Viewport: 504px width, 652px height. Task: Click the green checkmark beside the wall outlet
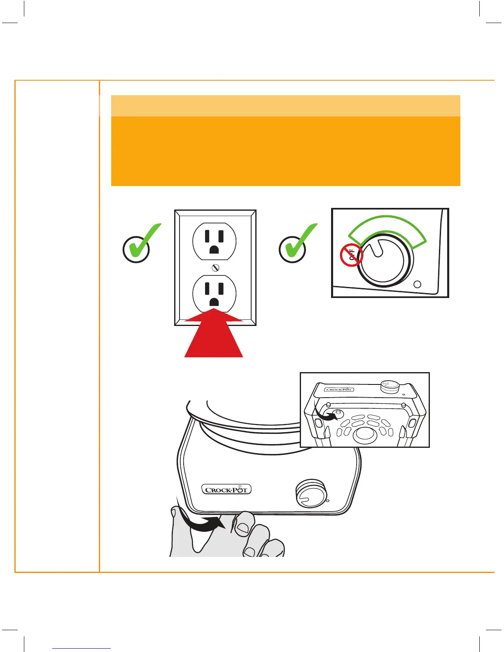140,244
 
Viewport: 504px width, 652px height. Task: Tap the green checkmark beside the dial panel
296,244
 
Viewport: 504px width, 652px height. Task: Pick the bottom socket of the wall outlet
215,293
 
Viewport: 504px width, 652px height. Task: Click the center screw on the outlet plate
215,268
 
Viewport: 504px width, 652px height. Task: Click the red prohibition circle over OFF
351,255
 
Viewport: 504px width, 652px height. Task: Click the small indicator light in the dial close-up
417,284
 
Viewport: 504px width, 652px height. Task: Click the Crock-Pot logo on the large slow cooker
226,489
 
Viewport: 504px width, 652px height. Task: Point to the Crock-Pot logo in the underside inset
339,389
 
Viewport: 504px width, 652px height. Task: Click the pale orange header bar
285,106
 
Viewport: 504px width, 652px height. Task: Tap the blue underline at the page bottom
82,648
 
